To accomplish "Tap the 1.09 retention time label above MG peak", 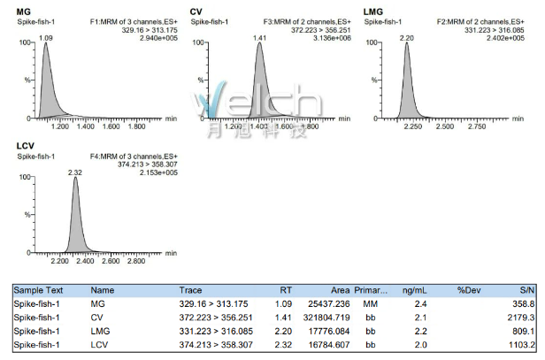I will point(47,38).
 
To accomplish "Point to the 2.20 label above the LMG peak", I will point(407,38).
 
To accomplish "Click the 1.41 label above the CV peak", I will point(260,38).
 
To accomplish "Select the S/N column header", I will point(523,289).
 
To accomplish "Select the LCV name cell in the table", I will point(100,344).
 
